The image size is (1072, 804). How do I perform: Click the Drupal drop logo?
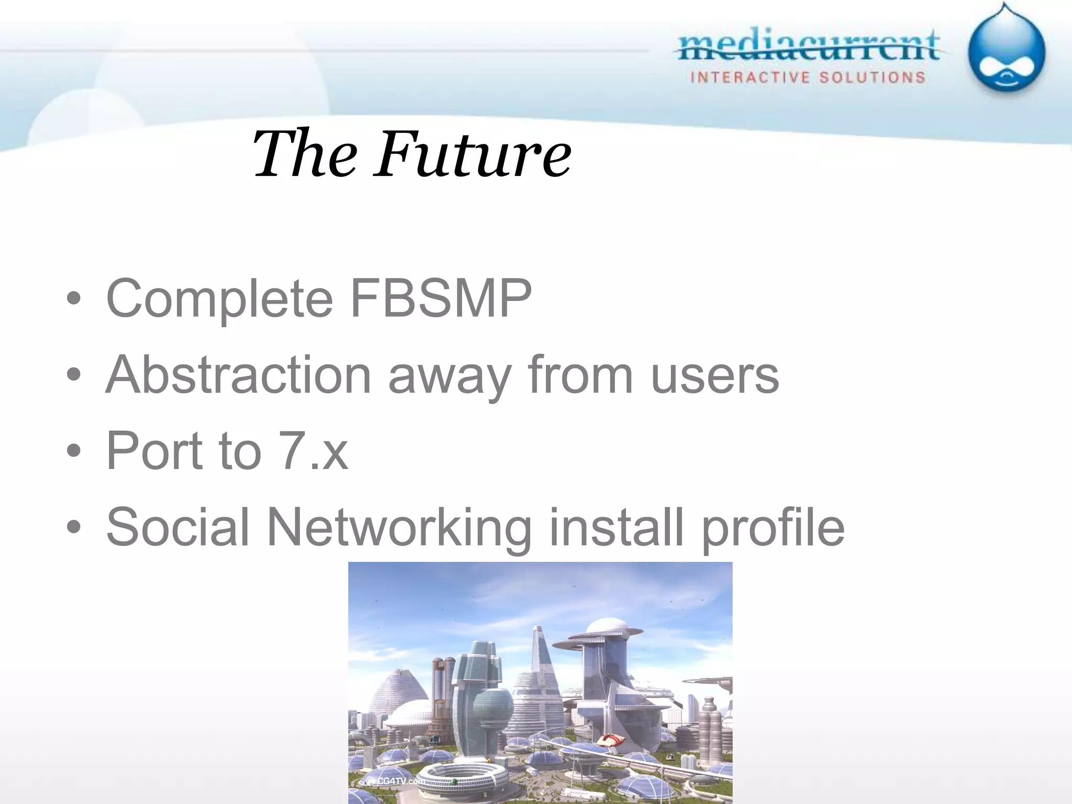(x=1006, y=52)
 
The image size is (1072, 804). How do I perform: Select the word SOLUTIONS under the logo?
(x=872, y=77)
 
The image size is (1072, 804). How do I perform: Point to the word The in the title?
(x=304, y=154)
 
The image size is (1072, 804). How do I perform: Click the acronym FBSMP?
(x=441, y=298)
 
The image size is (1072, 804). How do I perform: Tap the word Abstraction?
(x=239, y=375)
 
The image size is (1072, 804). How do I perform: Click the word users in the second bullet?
(x=714, y=376)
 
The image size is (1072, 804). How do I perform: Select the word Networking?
(x=399, y=528)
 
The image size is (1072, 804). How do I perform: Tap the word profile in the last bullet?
(x=773, y=528)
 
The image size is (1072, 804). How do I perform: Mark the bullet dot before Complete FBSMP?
(x=74, y=299)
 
